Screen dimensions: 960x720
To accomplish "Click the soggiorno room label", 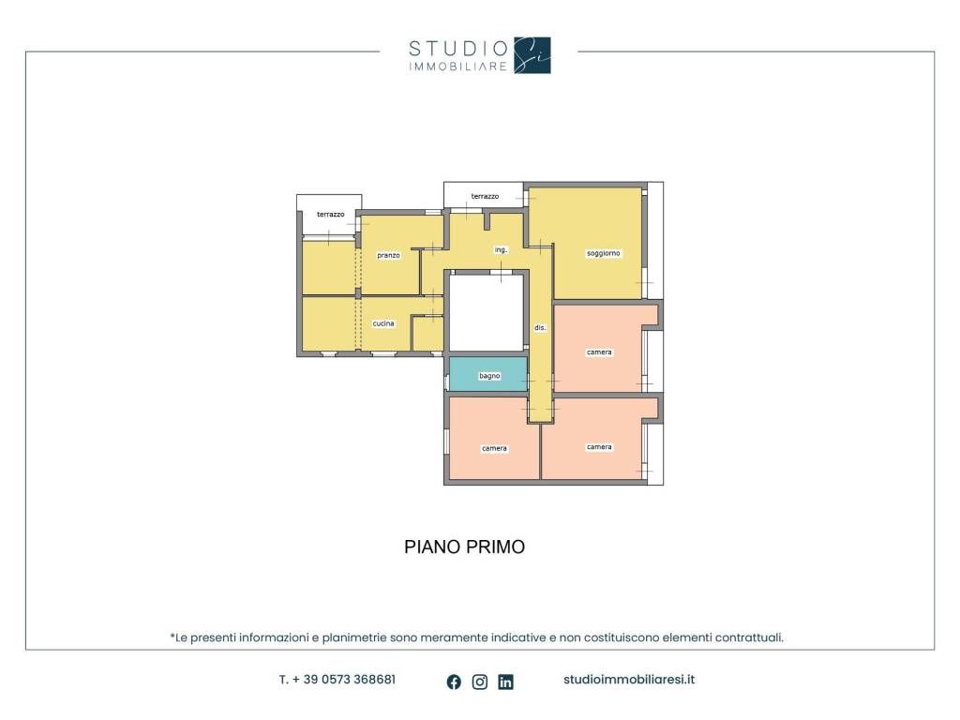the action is tap(603, 253).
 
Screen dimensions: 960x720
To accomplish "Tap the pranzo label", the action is tap(388, 255).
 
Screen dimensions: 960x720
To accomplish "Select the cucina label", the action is tap(383, 323).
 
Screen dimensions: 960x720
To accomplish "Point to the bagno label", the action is tap(489, 375).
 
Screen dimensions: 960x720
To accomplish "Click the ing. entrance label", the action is tap(501, 249).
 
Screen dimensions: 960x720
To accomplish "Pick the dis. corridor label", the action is tap(539, 327).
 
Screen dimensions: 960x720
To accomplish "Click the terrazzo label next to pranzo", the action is tap(330, 215).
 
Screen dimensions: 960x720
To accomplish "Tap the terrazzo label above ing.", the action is tap(485, 196).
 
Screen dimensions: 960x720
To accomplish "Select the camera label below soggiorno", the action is tap(599, 352).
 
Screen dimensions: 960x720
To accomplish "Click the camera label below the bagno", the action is tap(494, 448).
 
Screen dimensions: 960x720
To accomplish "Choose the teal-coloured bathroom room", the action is tap(488, 374).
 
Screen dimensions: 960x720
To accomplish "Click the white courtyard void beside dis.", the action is tap(487, 312).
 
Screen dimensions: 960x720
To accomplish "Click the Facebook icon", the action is tap(454, 682).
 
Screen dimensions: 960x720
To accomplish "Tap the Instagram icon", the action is tap(480, 682).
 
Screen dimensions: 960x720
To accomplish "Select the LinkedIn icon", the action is tap(505, 682).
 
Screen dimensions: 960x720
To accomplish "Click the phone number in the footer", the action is tap(337, 680).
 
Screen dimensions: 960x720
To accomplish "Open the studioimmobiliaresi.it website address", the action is tap(629, 680).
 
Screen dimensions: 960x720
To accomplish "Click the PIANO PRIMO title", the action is tap(465, 547).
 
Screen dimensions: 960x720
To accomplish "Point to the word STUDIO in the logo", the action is tap(458, 49).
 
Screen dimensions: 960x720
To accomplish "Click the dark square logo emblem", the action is tap(532, 55).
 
